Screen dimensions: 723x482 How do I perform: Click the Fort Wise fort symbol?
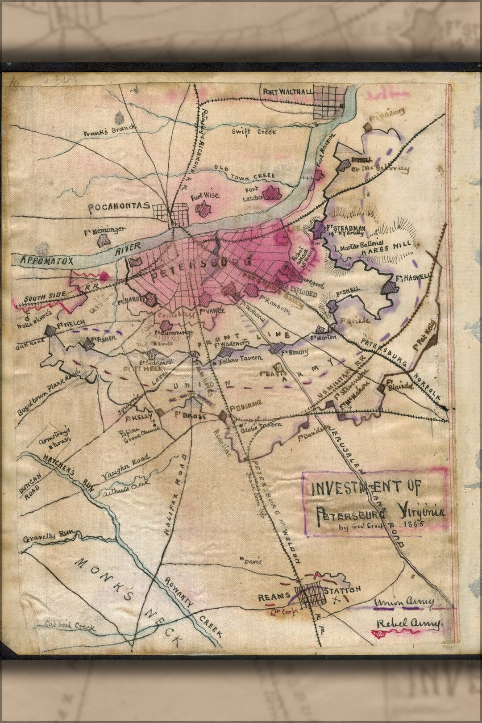(204, 208)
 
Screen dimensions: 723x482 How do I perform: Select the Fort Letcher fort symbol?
(272, 193)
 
